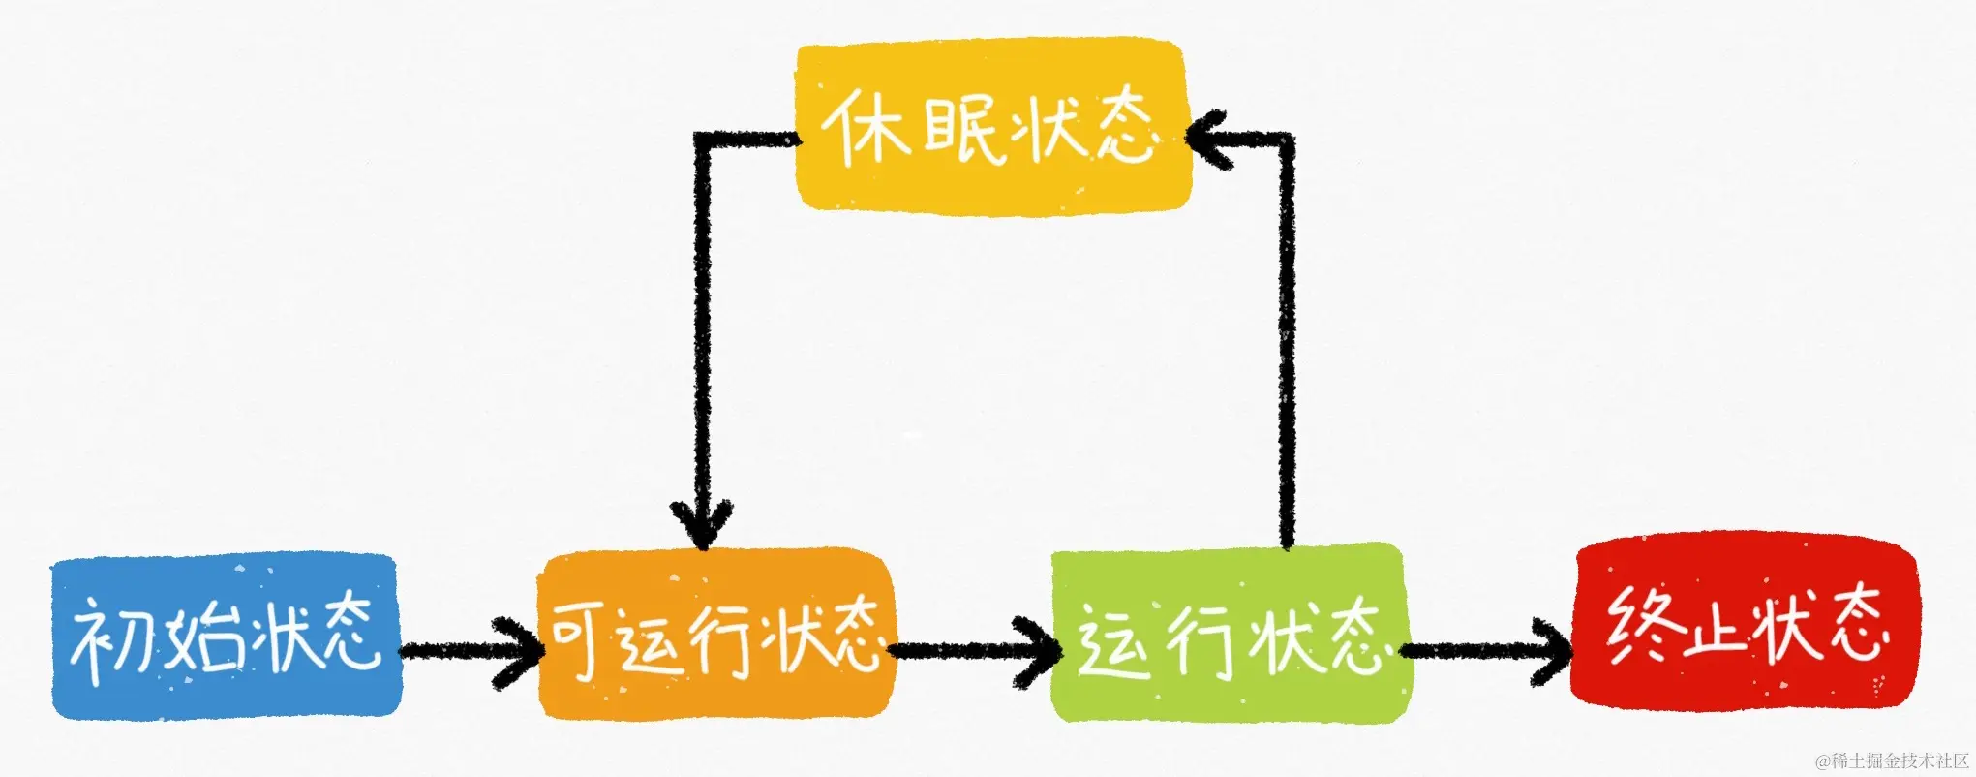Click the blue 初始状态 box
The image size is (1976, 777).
click(226, 637)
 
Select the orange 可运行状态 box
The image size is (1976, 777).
click(716, 635)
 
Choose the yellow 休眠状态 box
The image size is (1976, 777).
click(991, 126)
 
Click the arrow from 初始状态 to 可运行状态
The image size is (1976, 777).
click(470, 649)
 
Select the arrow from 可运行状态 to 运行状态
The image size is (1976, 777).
click(973, 649)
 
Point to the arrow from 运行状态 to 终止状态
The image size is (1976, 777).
click(1486, 649)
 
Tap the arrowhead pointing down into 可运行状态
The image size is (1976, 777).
click(703, 523)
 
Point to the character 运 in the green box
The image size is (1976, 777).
click(1113, 639)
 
